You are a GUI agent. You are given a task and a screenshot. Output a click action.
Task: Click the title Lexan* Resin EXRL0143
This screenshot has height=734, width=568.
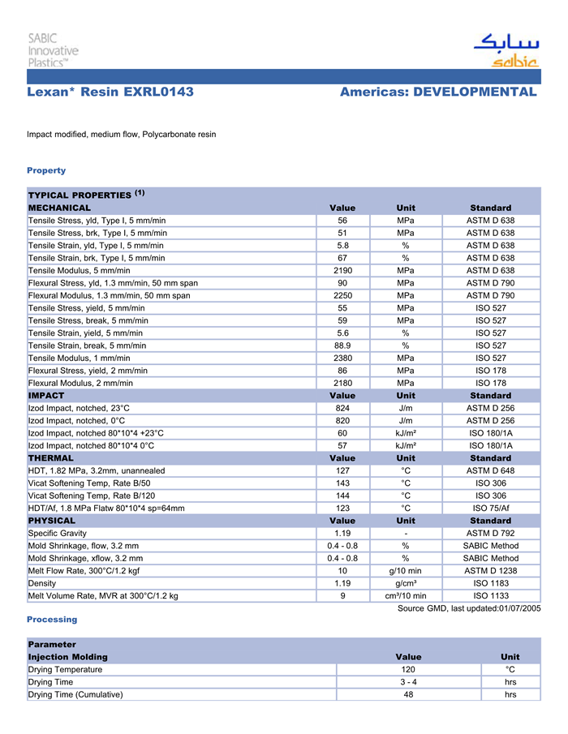(x=110, y=92)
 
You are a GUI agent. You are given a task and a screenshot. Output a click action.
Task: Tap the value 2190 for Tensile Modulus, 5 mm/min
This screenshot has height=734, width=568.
(x=342, y=270)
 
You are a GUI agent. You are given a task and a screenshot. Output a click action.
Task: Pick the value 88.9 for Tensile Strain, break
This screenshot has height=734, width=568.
(x=342, y=345)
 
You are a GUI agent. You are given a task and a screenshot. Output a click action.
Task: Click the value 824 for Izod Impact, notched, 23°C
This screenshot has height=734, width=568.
(x=342, y=408)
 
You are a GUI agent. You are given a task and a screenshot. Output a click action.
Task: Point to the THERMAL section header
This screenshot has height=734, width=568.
(x=50, y=458)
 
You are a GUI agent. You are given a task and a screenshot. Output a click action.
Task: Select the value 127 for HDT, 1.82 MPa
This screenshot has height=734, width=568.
(x=342, y=470)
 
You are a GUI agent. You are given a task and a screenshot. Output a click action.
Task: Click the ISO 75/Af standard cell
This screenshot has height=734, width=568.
(x=490, y=508)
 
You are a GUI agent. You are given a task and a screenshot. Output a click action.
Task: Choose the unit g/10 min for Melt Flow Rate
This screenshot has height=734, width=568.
(x=405, y=571)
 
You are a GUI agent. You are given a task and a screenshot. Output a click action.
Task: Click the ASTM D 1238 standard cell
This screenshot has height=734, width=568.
(x=490, y=571)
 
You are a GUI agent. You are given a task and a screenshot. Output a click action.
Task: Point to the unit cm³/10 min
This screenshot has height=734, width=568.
(x=405, y=596)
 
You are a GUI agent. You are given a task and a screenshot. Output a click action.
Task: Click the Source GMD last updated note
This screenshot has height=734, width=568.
(x=468, y=608)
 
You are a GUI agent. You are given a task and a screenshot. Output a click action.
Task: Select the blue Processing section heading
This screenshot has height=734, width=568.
(x=52, y=620)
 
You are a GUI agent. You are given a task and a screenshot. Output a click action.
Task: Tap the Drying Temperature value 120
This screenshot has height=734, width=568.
(x=408, y=670)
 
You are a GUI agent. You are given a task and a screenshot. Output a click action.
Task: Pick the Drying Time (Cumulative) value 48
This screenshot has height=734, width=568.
(x=408, y=694)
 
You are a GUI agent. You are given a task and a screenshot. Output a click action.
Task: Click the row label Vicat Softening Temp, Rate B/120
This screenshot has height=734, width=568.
(x=92, y=496)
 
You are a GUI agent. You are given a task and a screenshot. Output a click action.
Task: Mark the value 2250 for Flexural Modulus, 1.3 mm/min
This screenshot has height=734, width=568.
(x=342, y=295)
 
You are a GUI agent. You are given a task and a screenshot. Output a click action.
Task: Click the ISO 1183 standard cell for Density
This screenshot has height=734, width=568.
(x=490, y=583)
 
